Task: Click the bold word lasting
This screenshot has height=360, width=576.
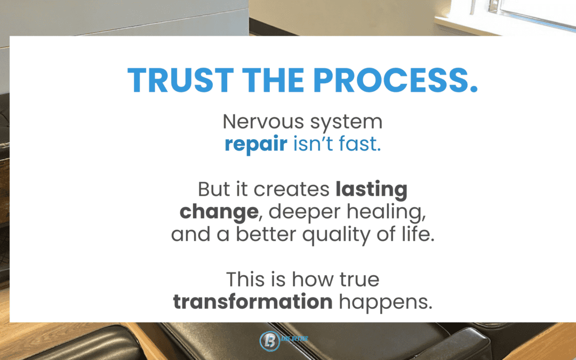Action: point(372,189)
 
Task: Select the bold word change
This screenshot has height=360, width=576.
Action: point(218,212)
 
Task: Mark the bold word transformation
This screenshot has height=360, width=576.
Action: point(253,302)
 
